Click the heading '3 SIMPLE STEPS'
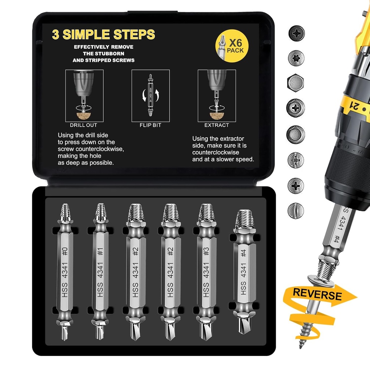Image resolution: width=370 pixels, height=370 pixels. (103, 35)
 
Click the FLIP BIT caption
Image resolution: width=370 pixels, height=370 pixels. (150, 125)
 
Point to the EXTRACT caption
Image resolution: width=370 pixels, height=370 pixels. (216, 125)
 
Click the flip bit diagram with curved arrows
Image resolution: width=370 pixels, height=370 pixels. (150, 96)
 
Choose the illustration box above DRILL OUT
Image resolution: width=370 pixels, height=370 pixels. (84, 96)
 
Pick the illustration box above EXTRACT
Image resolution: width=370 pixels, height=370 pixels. (216, 96)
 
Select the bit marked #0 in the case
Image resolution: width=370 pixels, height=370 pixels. (65, 271)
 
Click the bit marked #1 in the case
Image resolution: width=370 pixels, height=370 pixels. (100, 271)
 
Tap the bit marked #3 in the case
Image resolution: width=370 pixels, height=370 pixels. (206, 271)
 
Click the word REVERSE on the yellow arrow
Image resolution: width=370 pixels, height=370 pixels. (317, 294)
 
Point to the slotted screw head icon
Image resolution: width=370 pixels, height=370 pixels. (296, 210)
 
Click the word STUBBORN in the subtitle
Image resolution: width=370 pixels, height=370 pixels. (112, 53)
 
